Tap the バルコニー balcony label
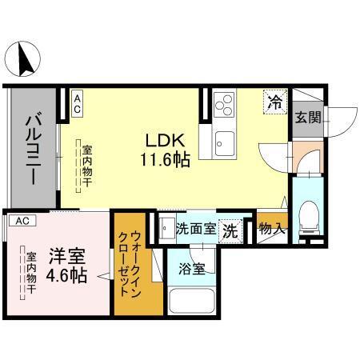(x=33, y=149)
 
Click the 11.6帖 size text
(x=165, y=158)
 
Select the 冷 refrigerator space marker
(x=274, y=102)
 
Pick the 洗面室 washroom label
(x=195, y=228)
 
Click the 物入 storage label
(x=270, y=229)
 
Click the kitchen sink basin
(x=222, y=145)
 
